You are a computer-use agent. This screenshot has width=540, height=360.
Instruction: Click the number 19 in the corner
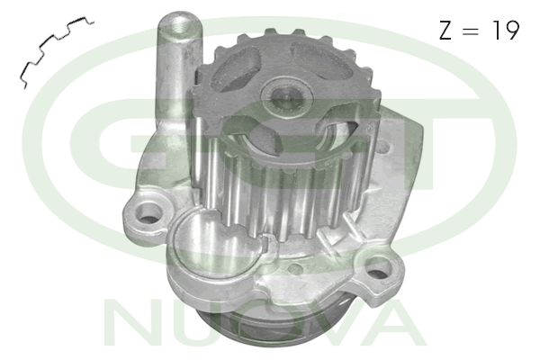tap(506, 30)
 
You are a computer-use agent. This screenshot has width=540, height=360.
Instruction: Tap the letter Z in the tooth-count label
tap(445, 31)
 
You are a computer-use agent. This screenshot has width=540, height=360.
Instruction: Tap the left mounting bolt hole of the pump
tap(149, 213)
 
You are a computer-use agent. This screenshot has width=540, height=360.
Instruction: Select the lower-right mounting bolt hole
tap(378, 269)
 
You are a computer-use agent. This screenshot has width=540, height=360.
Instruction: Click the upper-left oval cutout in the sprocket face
tap(235, 69)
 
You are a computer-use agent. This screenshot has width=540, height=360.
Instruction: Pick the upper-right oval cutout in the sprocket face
tap(321, 59)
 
